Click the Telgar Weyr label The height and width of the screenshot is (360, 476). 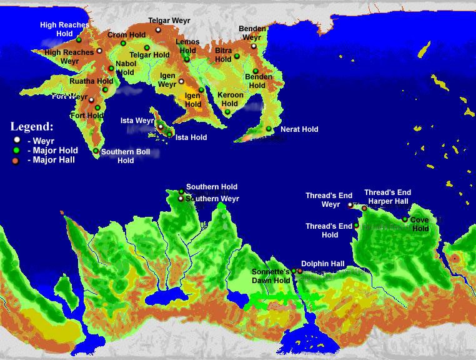169,21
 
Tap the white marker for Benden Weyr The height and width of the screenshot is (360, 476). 254,46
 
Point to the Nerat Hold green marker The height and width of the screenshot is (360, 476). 269,129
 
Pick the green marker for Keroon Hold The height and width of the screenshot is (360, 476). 227,112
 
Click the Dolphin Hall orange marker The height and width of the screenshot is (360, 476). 300,271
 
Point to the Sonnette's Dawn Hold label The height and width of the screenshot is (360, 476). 271,276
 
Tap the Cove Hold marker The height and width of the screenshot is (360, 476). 405,219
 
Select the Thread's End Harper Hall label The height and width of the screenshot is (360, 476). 387,197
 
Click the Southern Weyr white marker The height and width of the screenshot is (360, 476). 181,199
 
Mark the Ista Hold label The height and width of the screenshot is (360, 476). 191,137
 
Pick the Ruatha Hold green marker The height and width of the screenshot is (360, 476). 106,89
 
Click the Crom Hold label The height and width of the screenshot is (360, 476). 126,35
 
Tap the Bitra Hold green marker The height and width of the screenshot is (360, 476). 237,56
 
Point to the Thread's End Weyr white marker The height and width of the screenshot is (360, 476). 350,204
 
